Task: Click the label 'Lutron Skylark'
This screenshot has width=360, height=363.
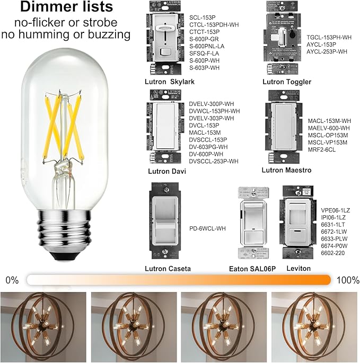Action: pos(170,82)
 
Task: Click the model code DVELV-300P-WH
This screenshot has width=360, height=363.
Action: pos(212,104)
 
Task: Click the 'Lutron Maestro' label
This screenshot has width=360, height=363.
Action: pos(286,170)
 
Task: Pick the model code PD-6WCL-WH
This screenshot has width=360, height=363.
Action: pos(207,228)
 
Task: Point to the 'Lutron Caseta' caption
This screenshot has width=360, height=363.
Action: pos(168,269)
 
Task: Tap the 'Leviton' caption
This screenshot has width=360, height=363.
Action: pos(298,269)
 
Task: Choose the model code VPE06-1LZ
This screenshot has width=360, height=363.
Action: pos(336,210)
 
